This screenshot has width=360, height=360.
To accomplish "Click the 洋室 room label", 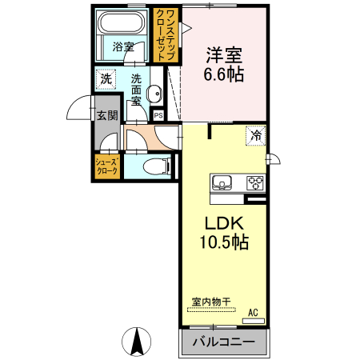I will tap(224, 56).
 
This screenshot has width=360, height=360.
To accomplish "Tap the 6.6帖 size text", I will tap(224, 74).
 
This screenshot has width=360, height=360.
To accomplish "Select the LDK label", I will tap(223, 222).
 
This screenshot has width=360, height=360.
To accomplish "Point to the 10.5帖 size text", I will tap(223, 241).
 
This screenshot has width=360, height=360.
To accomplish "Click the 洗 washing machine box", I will tap(106, 79).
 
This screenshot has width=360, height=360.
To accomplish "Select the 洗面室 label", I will tap(136, 90).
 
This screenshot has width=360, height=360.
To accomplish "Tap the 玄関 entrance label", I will tap(107, 115).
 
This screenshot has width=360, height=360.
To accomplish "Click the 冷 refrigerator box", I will tap(256, 136).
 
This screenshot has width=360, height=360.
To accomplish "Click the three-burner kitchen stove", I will tap(255, 180).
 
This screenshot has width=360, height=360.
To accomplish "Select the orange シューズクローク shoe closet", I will tap(108, 167).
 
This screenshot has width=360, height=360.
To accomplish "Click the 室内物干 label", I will tap(211, 302).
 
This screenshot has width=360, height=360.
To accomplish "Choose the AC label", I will tap(253, 313).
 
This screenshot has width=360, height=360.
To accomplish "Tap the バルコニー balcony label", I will tap(223, 342).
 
